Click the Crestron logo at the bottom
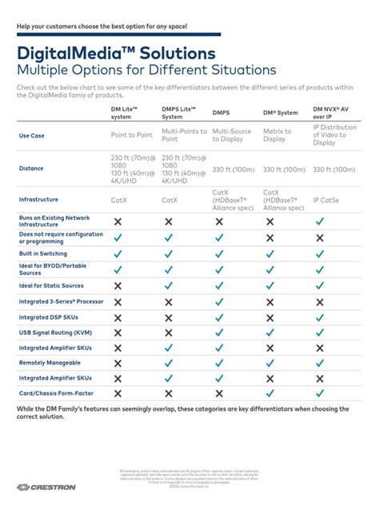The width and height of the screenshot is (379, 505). point(46,487)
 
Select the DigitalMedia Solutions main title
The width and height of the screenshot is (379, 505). point(115,54)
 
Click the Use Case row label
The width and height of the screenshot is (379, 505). point(32,136)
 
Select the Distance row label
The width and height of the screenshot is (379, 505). point(32,168)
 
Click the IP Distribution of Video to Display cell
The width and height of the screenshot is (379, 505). point(334,135)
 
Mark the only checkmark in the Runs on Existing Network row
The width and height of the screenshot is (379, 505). point(320,221)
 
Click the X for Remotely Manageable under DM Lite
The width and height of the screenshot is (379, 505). point(118,363)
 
